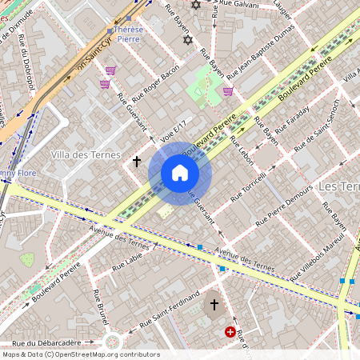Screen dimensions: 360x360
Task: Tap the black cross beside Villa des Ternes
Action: point(136,162)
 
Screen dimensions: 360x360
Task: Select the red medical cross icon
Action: point(230,331)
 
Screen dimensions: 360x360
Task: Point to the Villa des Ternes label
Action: point(85,154)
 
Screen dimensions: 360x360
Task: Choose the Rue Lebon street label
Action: point(241,150)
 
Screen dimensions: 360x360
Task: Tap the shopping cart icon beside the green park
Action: point(228,91)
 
